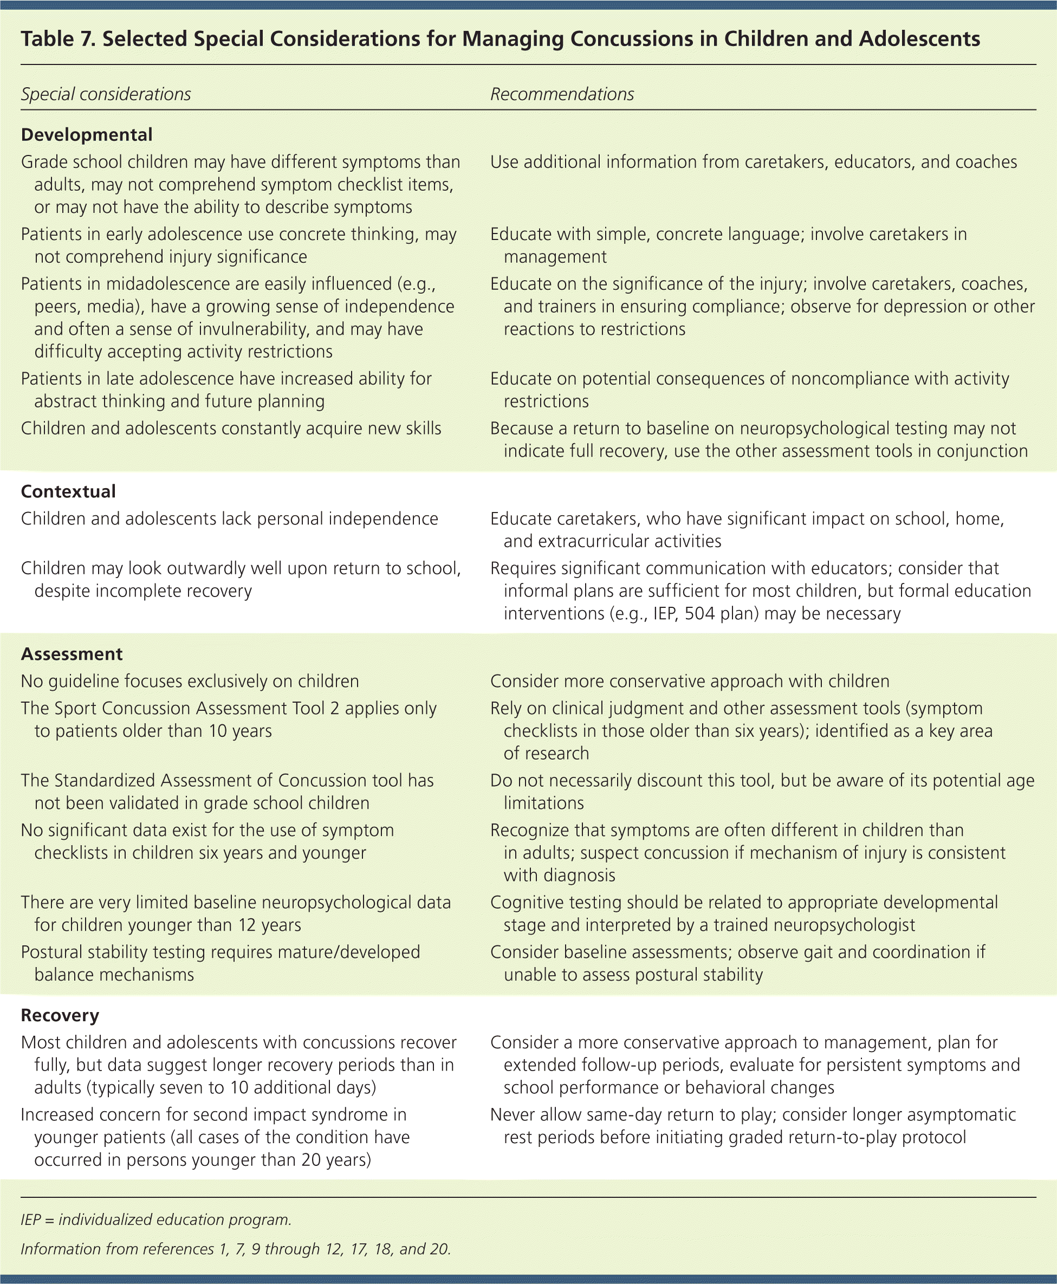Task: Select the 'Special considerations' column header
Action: click(x=106, y=94)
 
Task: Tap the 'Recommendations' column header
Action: click(x=562, y=94)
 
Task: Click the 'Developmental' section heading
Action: click(x=87, y=134)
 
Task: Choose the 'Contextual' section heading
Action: click(x=68, y=491)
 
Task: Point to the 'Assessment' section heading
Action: click(x=72, y=654)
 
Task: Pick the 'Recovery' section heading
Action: click(x=60, y=1015)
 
